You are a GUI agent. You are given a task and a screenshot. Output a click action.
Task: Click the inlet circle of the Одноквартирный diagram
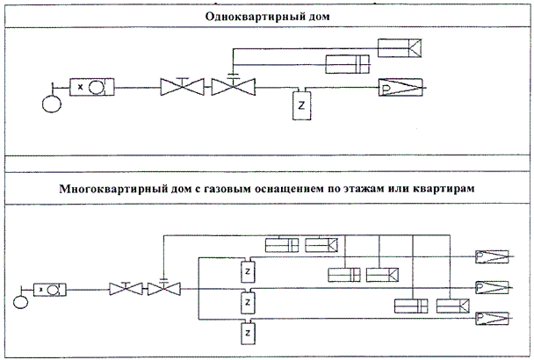point(52,104)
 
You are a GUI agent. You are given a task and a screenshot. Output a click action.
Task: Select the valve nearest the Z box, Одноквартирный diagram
point(231,89)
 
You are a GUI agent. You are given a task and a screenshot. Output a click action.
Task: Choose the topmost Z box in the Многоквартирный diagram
point(249,272)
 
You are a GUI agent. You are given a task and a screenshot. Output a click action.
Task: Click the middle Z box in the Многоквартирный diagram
point(249,302)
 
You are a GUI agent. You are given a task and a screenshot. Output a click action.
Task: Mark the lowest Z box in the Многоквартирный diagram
point(249,334)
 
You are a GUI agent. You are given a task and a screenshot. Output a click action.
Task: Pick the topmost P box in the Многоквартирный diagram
point(490,256)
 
